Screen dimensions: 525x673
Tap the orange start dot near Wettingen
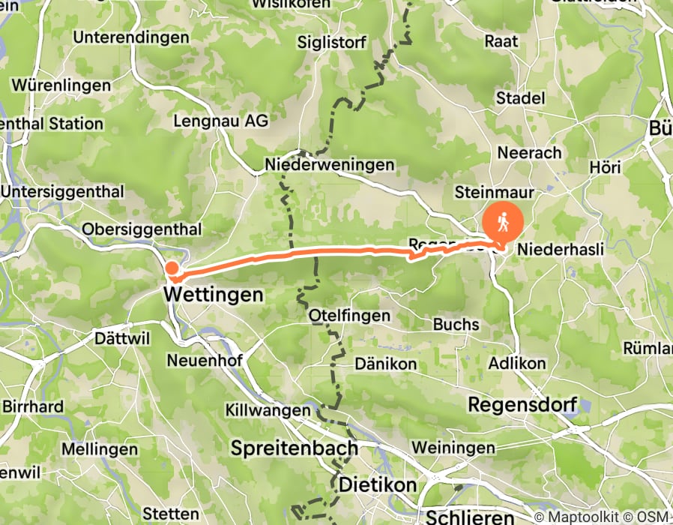(172, 268)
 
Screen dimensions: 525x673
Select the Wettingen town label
(213, 295)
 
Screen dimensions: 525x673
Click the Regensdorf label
(522, 405)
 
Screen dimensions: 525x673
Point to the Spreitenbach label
(294, 448)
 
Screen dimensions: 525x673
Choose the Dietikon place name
(378, 484)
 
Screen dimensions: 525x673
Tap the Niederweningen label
(329, 164)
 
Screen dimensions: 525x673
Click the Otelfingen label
(349, 316)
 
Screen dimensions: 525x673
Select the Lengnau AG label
(220, 121)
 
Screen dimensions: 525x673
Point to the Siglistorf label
(331, 42)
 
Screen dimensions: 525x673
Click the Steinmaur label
(494, 193)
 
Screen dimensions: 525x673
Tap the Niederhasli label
(561, 249)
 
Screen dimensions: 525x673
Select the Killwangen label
(268, 411)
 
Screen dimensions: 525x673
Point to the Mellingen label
(101, 449)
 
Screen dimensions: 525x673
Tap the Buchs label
(456, 325)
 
